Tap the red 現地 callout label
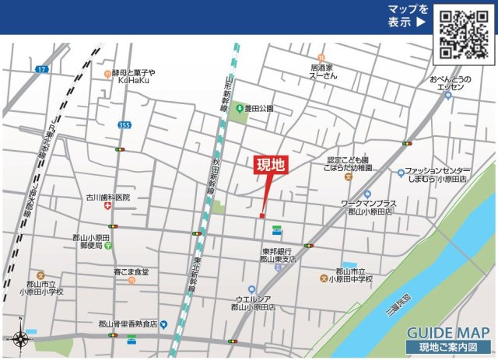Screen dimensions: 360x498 point(272,165)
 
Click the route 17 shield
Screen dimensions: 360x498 point(41,70)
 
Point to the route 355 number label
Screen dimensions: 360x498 point(124,124)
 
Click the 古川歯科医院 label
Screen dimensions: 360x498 point(108,198)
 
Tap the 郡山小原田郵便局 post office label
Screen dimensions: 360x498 point(91,241)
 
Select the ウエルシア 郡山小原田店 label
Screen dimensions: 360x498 point(255,303)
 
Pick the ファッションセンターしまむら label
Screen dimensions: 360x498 point(438,175)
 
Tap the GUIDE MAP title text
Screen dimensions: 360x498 point(447,330)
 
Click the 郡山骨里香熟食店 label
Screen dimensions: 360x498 point(128,323)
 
